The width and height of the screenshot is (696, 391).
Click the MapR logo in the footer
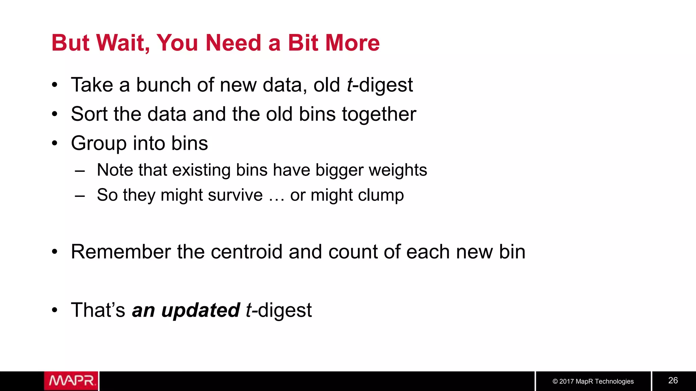coord(71,381)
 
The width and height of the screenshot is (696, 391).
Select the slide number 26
coord(673,380)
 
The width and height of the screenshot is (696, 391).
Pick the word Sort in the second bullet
coord(89,114)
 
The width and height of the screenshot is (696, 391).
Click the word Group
coord(99,144)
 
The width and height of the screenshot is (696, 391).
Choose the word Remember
coord(121,252)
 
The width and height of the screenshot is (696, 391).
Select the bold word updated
coord(201,310)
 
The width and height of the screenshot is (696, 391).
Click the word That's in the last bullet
coord(98,310)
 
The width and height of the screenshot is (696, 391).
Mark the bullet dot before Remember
coord(55,252)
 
